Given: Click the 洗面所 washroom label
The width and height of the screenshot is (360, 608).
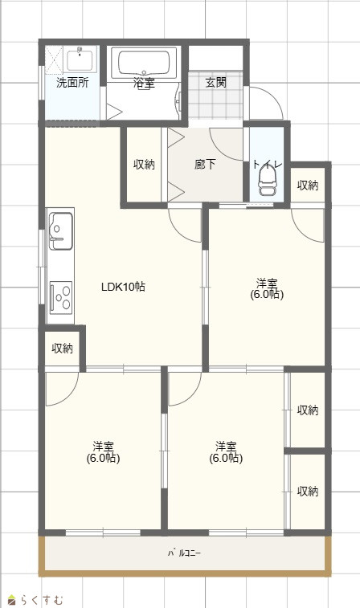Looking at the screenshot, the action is [72, 82].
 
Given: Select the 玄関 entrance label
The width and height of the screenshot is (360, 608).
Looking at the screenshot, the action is [215, 82].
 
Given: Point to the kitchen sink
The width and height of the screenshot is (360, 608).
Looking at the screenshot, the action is [60, 231].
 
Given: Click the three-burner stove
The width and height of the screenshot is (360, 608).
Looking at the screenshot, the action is [61, 297].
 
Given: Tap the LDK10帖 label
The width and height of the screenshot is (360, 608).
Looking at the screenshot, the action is [124, 287].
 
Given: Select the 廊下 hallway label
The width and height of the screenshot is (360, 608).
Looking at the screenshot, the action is [205, 165].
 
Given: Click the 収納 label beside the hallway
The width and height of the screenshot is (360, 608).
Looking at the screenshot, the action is [145, 165].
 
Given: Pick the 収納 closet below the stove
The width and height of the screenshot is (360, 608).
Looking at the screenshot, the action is [63, 349].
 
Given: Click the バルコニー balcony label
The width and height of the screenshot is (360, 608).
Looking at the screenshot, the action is [184, 553].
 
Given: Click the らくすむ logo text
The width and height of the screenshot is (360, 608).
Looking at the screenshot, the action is [42, 600].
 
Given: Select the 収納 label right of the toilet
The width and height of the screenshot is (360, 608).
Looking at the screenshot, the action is [308, 186].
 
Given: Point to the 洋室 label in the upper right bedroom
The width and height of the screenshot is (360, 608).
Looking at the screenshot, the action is [267, 283].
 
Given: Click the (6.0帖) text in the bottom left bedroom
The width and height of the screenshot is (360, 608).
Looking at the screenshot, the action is [103, 458].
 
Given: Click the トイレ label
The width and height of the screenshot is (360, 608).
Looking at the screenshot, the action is [268, 165].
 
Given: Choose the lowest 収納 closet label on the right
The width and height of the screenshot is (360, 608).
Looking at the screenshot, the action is [308, 492].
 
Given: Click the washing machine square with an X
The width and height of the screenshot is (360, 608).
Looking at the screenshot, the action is [54, 60].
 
